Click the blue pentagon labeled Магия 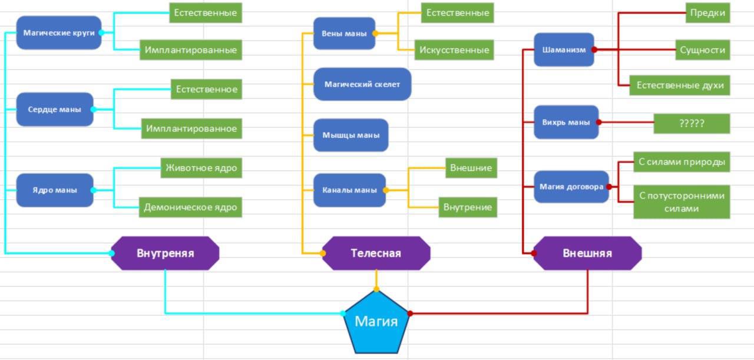pos(376,322)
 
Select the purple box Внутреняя pos(165,253)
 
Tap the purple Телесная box pos(376,253)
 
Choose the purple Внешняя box pos(587,253)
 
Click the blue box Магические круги pos(59,33)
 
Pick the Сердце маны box pos(55,109)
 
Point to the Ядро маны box pos(55,190)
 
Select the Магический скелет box pos(362,84)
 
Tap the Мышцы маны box pos(351,135)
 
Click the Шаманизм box pos(564,49)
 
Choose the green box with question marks pos(692,123)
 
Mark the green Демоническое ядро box pos(190,207)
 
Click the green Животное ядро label pos(201,168)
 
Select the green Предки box pos(707,12)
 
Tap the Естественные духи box pos(680,85)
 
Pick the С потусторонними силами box pos(682,202)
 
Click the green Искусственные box pos(454,50)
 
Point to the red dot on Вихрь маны pos(598,123)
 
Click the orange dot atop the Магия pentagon pos(376,289)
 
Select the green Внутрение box pos(468,207)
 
